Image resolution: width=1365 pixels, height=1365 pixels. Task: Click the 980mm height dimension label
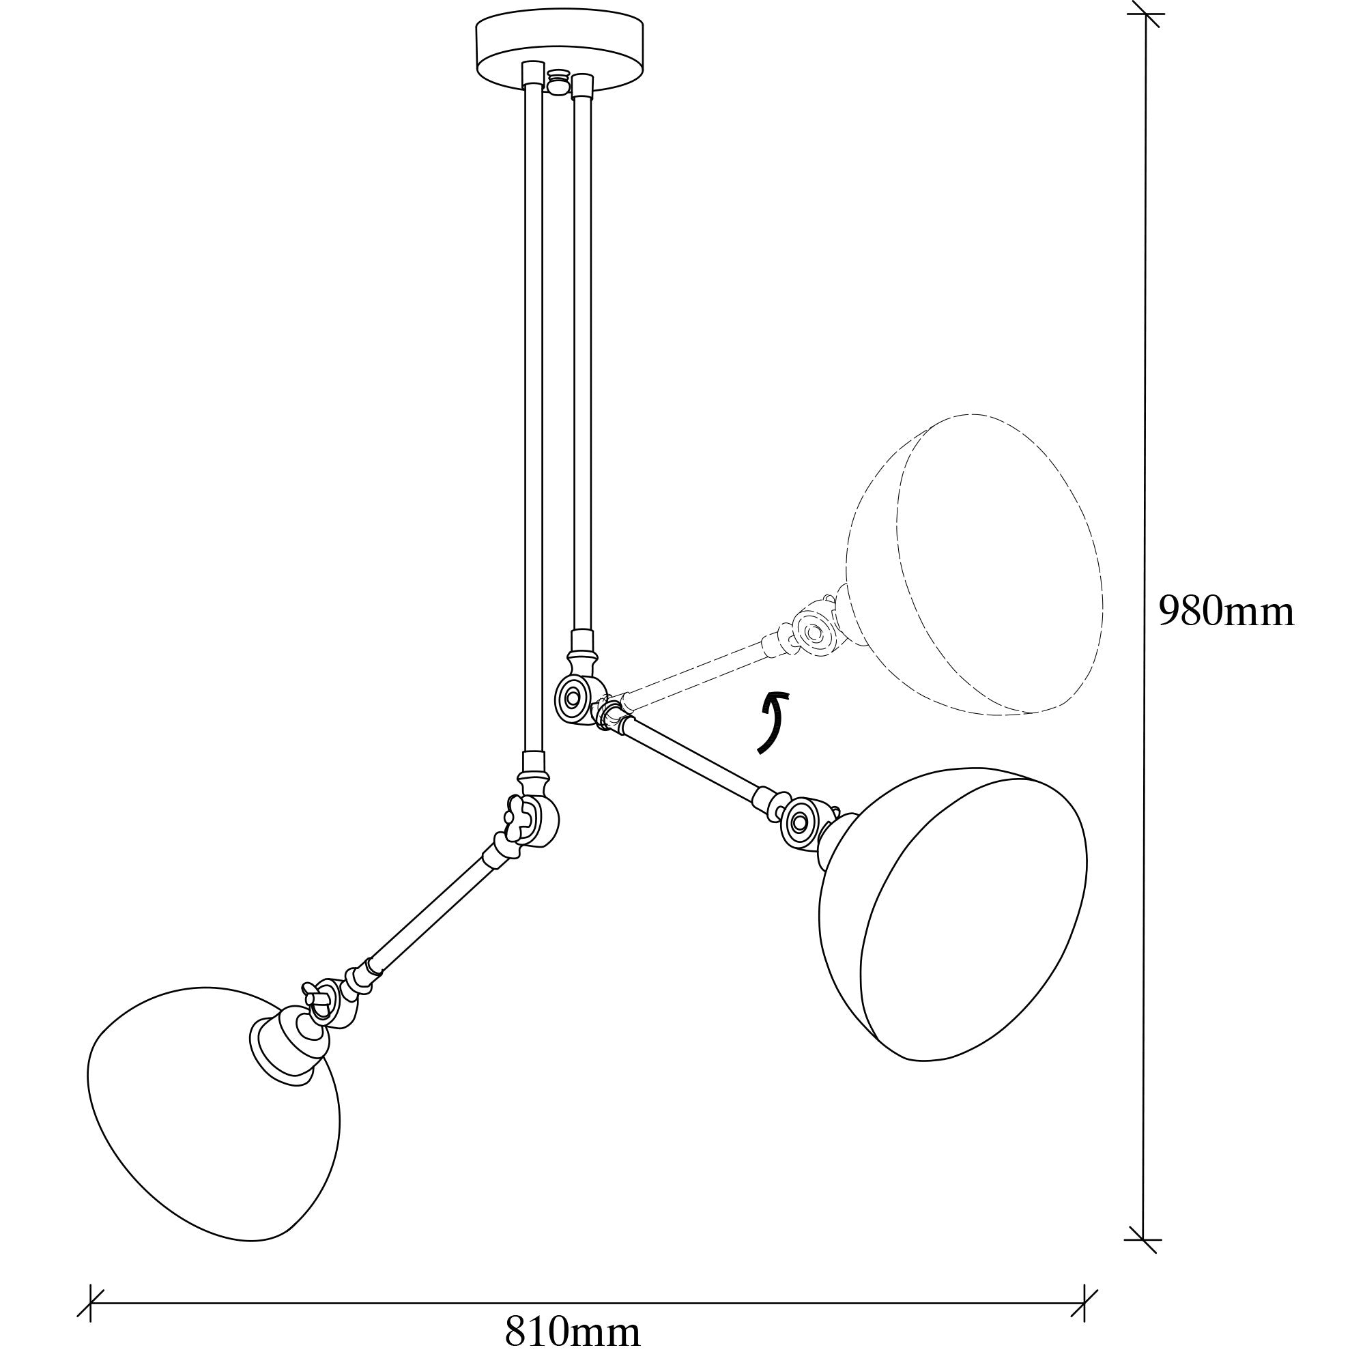click(x=1226, y=612)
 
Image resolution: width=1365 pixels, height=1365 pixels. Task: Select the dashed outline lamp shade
click(x=975, y=565)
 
